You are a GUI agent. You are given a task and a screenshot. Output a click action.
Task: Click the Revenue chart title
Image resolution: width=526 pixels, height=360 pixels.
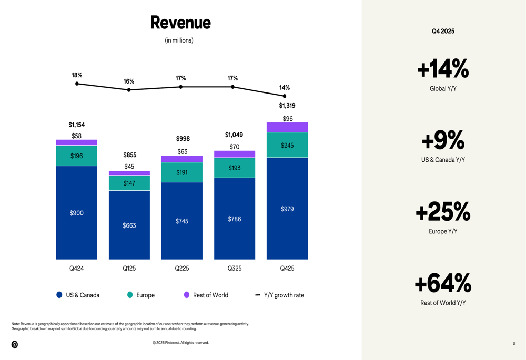tap(180, 23)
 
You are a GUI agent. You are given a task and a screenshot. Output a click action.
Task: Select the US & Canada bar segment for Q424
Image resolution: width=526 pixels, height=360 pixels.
tap(77, 212)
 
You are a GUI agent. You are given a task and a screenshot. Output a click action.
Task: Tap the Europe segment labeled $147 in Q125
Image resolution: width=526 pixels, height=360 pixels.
tap(129, 183)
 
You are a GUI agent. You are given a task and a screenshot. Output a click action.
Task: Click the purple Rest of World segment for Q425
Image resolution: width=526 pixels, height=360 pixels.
tap(287, 127)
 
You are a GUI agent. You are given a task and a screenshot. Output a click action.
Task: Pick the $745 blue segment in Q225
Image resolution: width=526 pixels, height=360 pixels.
tap(182, 221)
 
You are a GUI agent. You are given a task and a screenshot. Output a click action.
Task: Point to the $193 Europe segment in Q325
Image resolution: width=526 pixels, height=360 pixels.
tap(235, 168)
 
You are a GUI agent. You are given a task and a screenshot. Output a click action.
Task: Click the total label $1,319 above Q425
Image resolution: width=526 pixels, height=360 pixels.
tap(287, 106)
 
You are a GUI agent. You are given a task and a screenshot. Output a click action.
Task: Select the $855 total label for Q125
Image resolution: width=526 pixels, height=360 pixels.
tap(129, 155)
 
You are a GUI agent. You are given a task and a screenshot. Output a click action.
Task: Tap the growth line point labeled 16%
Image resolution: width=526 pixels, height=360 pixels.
tap(129, 90)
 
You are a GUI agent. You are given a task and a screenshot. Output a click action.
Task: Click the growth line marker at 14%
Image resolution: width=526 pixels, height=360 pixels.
tap(285, 96)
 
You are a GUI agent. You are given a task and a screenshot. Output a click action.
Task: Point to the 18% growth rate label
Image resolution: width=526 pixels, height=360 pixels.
tap(77, 75)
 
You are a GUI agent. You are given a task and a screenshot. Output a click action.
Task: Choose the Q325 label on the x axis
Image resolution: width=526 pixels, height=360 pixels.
tap(235, 268)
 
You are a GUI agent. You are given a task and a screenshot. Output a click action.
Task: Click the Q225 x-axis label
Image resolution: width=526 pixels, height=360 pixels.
tap(182, 268)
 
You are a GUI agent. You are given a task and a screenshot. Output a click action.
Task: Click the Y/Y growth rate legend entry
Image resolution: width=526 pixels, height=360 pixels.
tap(280, 295)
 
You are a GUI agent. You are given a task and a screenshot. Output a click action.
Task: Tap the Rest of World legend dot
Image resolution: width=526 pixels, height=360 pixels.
tap(186, 295)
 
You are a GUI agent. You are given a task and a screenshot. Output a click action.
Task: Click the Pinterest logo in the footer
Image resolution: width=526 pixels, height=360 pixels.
tap(15, 344)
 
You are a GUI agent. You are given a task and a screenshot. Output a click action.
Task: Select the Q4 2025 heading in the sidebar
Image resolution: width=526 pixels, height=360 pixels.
tap(443, 31)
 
